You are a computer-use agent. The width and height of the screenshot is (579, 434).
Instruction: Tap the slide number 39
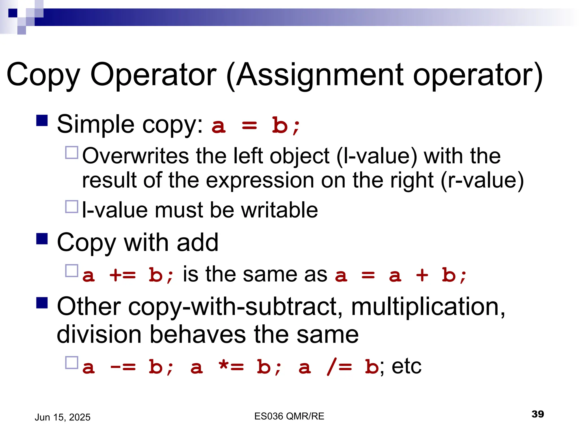537,414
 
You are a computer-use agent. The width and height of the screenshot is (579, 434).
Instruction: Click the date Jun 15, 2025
62,417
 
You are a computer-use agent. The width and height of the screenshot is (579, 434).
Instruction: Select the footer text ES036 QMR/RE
289,416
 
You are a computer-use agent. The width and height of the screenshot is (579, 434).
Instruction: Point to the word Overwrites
135,156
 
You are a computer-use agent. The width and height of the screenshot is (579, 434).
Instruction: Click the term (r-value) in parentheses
482,180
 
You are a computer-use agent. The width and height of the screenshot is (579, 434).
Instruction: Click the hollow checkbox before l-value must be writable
72,207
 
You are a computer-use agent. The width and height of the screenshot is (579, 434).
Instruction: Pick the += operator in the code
122,275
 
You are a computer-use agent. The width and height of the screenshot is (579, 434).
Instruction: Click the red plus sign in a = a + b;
422,275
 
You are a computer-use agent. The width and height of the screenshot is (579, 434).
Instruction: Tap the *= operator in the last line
231,367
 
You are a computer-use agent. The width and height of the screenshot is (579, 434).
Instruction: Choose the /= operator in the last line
339,367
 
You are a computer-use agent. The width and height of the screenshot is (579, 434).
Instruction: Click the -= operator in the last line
123,367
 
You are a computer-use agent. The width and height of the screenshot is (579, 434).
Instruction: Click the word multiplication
428,307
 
